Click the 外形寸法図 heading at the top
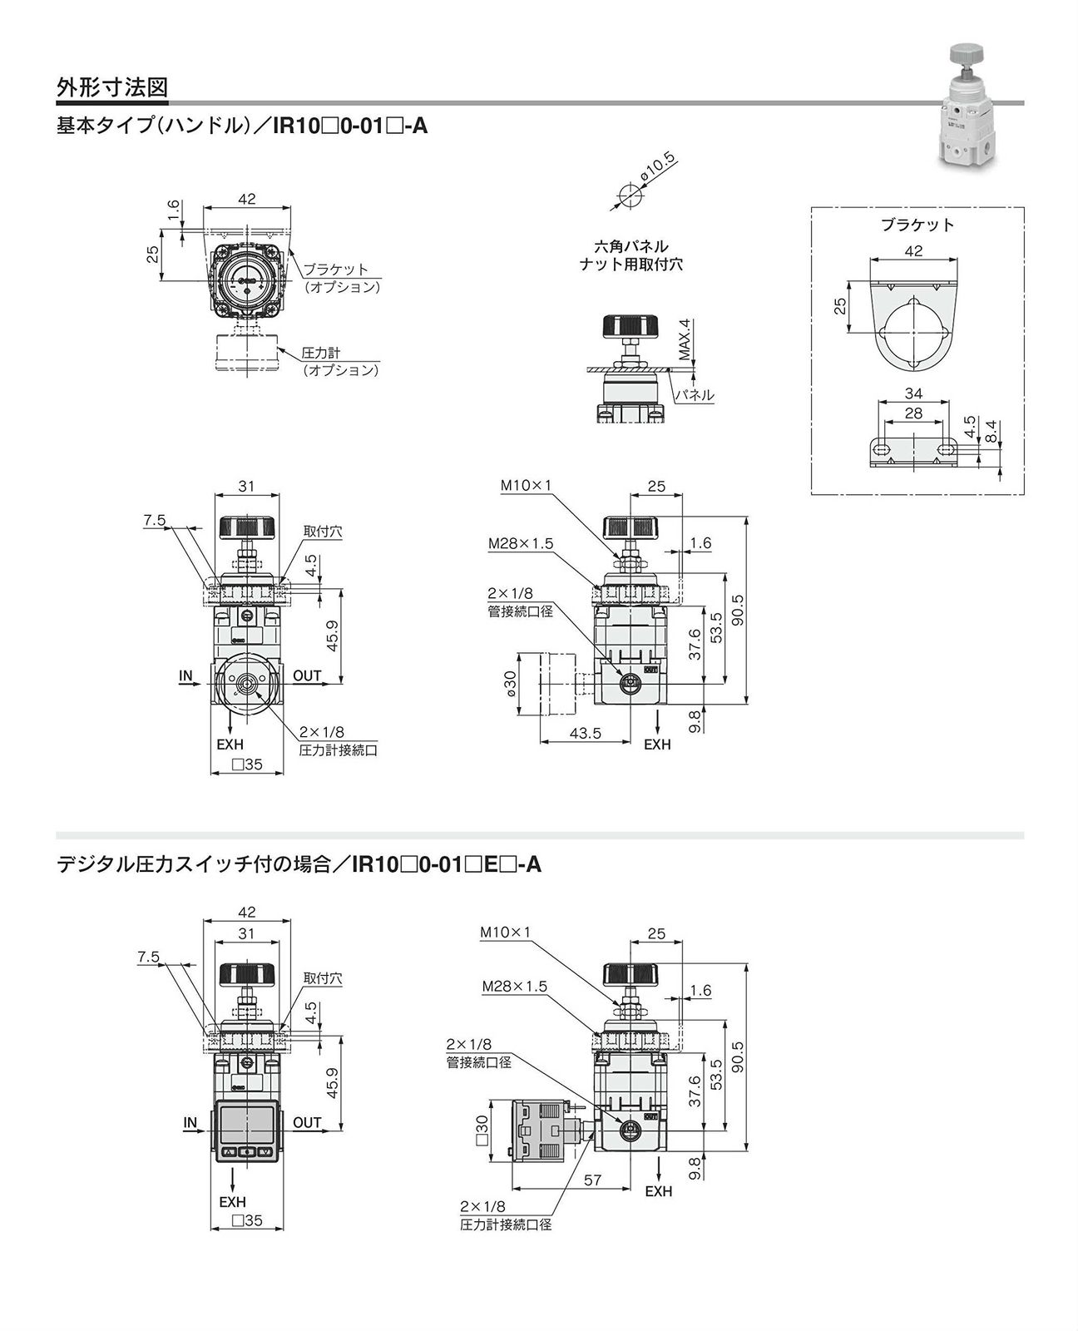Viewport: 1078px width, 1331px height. (x=112, y=87)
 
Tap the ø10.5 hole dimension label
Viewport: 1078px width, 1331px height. (x=657, y=168)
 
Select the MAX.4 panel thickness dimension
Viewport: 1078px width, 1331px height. (x=684, y=339)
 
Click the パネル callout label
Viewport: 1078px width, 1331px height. (x=694, y=395)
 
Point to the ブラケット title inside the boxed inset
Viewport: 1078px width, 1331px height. (x=917, y=225)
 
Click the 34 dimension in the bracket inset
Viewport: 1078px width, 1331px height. (x=912, y=393)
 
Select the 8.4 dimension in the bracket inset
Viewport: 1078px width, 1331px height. (x=990, y=430)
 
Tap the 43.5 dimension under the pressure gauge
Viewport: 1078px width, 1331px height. (x=585, y=733)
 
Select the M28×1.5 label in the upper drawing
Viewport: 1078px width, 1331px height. (x=521, y=543)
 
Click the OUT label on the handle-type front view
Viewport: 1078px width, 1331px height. (x=307, y=675)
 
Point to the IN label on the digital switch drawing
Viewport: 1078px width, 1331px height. (x=190, y=1122)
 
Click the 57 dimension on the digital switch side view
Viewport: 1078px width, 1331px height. (x=593, y=1180)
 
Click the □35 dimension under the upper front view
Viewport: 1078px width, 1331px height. (x=247, y=764)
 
